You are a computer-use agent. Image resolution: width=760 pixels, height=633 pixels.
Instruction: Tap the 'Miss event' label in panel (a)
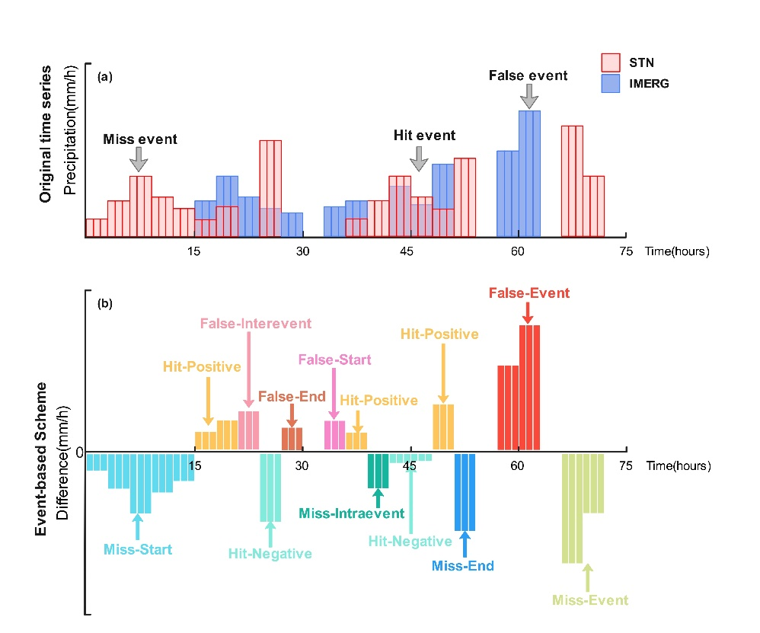coord(140,139)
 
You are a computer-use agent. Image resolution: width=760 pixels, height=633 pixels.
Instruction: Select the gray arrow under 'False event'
coord(528,96)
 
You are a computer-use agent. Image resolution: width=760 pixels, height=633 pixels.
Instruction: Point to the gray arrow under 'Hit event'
coord(418,158)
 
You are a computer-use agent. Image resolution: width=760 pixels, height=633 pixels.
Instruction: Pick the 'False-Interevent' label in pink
coord(246,323)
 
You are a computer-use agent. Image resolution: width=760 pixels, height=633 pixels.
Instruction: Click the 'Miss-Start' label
coord(138,549)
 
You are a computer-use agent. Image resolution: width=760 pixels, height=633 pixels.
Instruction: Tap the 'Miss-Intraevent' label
coord(351,513)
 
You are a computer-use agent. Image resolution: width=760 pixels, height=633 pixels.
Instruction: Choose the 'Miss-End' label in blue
coord(463,566)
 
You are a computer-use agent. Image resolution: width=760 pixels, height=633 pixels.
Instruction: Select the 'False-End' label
coord(292,396)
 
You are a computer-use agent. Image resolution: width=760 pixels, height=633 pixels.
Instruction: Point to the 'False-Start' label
coord(334,360)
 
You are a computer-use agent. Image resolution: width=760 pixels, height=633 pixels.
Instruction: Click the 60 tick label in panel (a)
coord(518,252)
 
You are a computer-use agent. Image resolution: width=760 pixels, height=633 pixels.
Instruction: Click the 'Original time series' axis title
coord(44,134)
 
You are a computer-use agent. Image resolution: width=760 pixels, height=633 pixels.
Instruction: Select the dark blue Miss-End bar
coord(465,491)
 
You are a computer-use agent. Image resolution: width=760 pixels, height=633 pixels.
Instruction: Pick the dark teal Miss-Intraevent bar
coord(378,471)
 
